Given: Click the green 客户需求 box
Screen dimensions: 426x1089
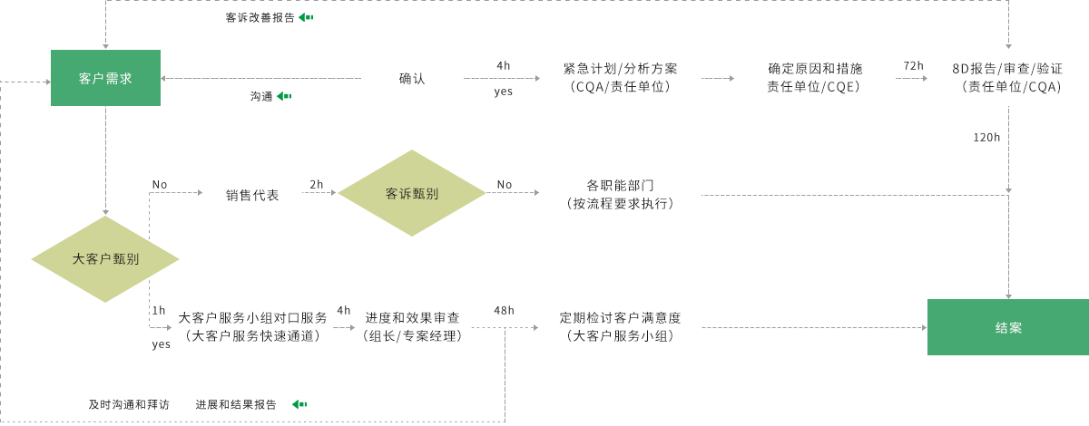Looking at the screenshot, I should (105, 78).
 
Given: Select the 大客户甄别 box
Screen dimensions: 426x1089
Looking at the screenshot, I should (105, 258).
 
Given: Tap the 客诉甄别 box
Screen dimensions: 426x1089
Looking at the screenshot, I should (411, 193).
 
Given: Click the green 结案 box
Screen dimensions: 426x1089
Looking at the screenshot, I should (1007, 327).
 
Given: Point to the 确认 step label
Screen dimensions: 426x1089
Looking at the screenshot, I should (412, 78).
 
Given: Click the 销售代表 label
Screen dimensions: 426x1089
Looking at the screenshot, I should (252, 194).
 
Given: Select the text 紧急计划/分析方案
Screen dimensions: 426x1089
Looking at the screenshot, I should (621, 69).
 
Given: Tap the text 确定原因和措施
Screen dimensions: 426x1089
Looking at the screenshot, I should (815, 69).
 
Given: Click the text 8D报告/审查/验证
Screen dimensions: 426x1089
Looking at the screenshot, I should (1007, 69).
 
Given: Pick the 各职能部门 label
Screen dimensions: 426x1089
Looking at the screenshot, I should (621, 185).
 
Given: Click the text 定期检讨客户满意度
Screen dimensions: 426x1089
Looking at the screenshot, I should (621, 318).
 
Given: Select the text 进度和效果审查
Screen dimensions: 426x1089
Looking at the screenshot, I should (413, 318).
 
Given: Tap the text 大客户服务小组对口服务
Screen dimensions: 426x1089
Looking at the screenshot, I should (252, 318).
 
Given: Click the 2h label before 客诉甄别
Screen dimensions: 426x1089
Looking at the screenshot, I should (317, 184).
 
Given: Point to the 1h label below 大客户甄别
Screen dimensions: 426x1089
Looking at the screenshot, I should (159, 310).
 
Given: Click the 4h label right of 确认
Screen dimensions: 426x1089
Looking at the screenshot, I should (503, 66).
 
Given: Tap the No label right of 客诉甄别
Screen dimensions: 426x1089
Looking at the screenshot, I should (504, 184).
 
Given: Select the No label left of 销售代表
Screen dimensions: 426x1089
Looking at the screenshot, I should (160, 184).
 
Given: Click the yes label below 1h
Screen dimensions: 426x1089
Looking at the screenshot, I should (161, 344).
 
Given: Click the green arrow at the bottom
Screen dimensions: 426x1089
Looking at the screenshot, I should (299, 404).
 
